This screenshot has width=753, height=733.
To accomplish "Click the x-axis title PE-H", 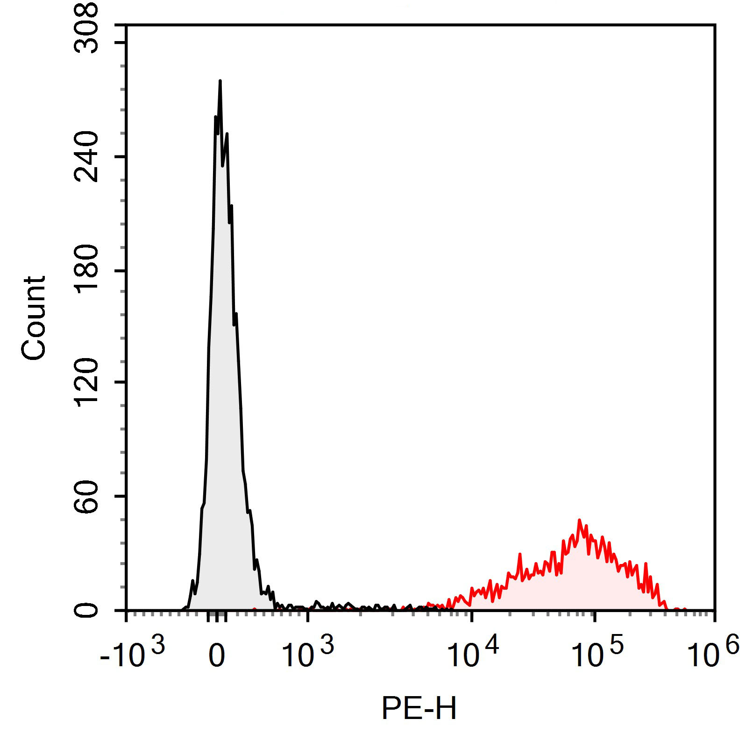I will coord(419,708).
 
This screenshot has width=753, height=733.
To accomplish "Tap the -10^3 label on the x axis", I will coord(132,654).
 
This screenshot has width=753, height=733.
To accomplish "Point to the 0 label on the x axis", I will coord(217,656).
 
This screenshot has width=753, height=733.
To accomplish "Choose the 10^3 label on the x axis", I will coord(308,654).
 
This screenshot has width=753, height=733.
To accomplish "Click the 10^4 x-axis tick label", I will coord(473,654).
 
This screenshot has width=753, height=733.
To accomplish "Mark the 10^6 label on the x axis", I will coord(713,654).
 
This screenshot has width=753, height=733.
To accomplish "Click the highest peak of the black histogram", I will coord(220,81).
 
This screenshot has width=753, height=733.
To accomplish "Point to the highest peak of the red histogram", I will coord(579,520).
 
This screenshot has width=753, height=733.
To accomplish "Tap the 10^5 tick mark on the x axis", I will coord(594,616).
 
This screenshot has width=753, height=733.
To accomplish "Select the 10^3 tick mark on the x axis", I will coord(308,616).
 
